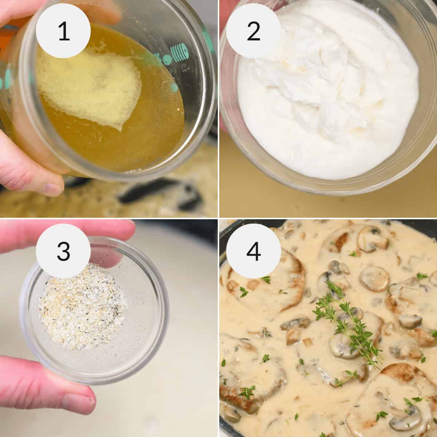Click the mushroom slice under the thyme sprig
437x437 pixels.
[x=342, y=342]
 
